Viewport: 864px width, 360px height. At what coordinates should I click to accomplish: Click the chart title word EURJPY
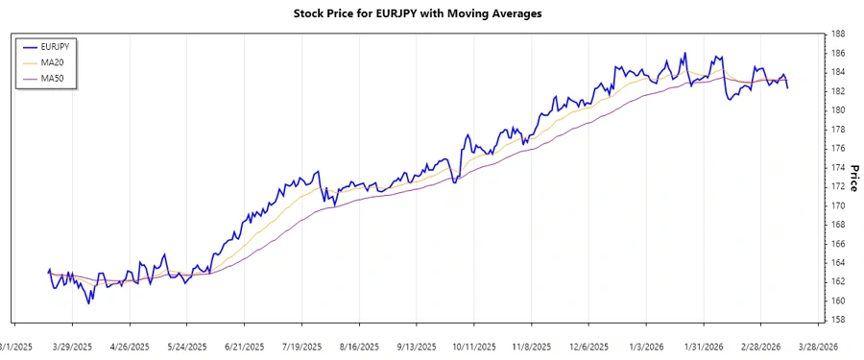tap(394, 13)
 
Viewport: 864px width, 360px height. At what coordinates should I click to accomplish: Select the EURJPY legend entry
tap(52, 46)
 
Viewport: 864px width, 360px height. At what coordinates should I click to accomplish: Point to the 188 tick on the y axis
tap(838, 34)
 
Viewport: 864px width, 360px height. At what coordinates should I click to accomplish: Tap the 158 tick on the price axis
tap(838, 320)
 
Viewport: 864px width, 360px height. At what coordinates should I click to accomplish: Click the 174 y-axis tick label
tap(838, 167)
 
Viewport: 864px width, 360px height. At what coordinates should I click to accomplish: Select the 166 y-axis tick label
tap(838, 244)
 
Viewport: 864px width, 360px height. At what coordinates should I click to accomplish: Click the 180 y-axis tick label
tap(838, 110)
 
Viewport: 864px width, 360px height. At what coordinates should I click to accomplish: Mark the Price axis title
tap(852, 177)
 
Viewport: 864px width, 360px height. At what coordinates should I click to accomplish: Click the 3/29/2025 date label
tap(72, 347)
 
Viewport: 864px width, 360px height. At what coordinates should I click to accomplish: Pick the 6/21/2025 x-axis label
tap(244, 347)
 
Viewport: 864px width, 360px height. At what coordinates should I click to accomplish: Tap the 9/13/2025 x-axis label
tap(417, 347)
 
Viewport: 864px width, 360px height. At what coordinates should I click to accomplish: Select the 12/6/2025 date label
tap(588, 347)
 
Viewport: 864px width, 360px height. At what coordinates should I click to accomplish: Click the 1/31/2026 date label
tap(704, 347)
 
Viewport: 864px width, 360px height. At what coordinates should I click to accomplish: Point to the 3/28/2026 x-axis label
tap(818, 347)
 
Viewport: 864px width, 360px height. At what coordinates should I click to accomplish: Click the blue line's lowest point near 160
tap(89, 303)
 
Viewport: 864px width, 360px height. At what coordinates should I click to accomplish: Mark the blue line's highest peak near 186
tap(684, 53)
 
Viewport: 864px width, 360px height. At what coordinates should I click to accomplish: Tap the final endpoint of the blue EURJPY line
tap(788, 88)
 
